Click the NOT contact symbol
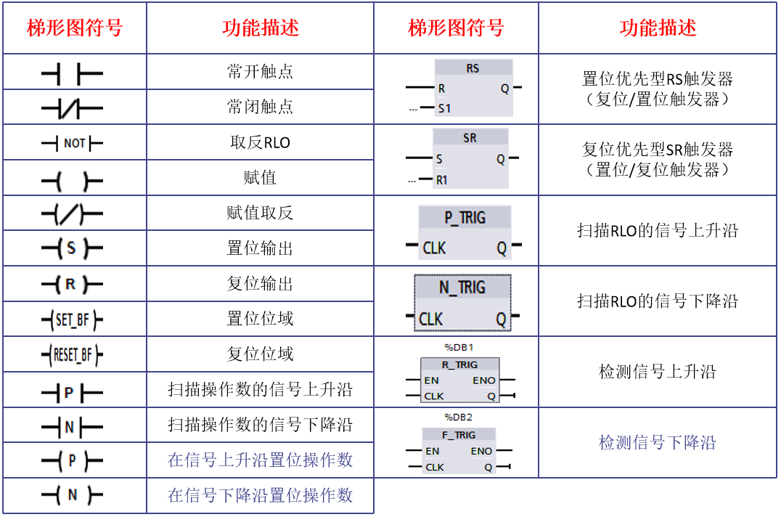point(73,143)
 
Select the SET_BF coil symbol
point(73,319)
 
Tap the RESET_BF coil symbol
point(73,354)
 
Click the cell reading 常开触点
point(260,72)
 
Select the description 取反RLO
point(260,142)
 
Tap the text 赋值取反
point(260,213)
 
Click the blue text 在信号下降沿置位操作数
point(260,495)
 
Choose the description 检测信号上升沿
point(657,372)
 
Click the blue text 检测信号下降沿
point(657,442)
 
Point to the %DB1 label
point(458,347)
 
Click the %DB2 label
point(458,418)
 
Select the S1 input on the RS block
point(444,108)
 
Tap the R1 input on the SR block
point(442,179)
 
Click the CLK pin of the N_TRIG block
point(430,319)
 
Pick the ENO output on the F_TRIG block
point(481,451)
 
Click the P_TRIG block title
point(465,218)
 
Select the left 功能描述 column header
point(260,28)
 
